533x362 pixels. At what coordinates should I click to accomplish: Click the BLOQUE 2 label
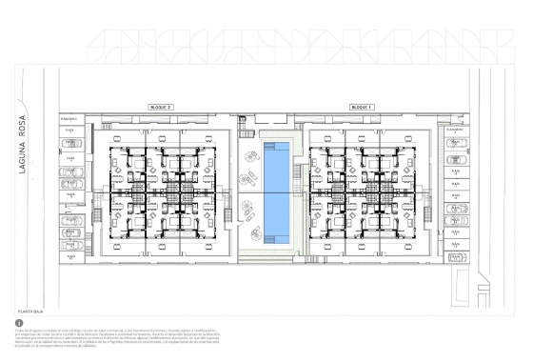pyautogui.click(x=160, y=108)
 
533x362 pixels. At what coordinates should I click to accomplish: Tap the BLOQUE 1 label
pyautogui.click(x=362, y=108)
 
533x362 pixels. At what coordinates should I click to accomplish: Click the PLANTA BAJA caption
pyautogui.click(x=32, y=311)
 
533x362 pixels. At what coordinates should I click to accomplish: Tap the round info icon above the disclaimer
pyautogui.click(x=19, y=323)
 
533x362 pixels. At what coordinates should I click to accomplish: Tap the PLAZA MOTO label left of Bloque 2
pyautogui.click(x=67, y=119)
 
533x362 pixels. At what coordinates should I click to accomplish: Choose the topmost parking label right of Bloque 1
pyautogui.click(x=456, y=130)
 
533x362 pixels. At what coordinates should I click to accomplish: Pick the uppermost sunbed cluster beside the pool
pyautogui.click(x=253, y=155)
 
